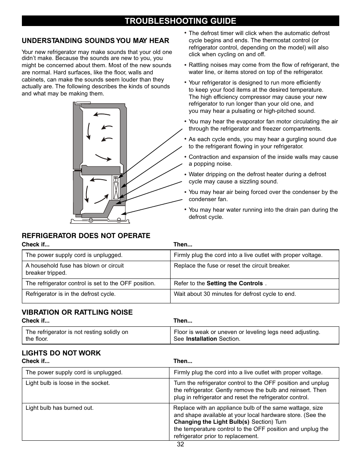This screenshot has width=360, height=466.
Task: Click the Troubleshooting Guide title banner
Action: point(180,21)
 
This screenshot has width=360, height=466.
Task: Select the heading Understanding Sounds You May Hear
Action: point(95,41)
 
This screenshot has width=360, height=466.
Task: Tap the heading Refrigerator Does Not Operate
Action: point(86,236)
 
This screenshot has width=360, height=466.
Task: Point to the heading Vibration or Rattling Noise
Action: point(77,312)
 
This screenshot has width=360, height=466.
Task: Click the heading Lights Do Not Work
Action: point(61,353)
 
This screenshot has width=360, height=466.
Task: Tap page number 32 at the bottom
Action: point(180,444)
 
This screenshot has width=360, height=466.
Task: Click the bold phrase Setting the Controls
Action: point(234,283)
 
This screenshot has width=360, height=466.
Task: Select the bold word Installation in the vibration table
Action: point(201,339)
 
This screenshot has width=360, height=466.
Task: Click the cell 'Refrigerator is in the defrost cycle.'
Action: point(71,294)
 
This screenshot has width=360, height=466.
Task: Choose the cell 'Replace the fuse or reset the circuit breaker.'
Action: point(232,266)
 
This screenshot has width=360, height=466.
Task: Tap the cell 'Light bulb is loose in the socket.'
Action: point(68,383)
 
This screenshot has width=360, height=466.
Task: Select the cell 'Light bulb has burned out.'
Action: point(60,408)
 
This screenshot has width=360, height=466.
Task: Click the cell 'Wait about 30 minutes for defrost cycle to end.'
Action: point(235,294)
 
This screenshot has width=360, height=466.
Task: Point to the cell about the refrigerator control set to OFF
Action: point(91,283)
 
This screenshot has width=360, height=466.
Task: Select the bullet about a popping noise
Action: point(263,160)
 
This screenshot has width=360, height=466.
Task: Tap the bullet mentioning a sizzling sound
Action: point(257,178)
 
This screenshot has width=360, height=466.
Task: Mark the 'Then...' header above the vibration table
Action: point(183,321)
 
